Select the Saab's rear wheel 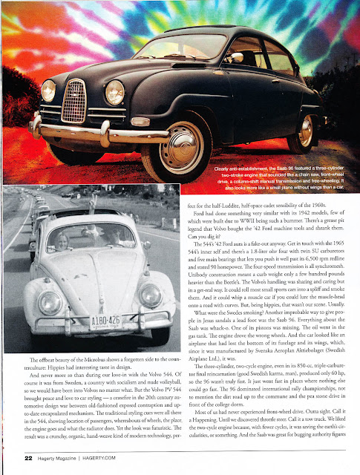click(305, 130)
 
